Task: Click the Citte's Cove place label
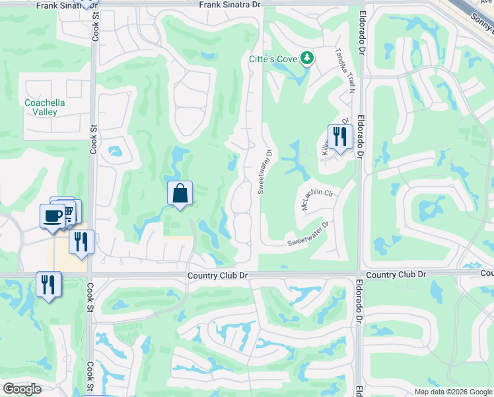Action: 273,59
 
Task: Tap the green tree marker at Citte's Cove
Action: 306,59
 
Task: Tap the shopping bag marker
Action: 180,194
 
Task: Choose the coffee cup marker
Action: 53,215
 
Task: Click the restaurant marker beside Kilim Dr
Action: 338,137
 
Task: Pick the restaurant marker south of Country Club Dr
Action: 48,285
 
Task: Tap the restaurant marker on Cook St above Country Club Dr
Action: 81,242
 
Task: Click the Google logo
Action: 22,389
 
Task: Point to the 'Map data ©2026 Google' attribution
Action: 452,392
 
